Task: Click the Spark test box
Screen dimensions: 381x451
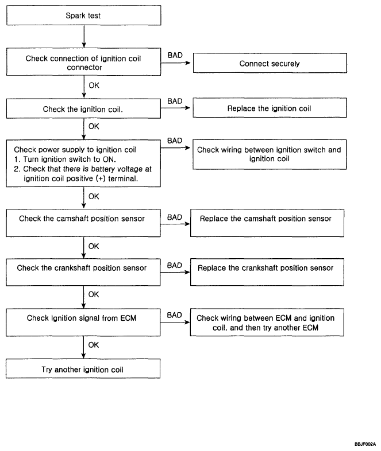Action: click(x=83, y=15)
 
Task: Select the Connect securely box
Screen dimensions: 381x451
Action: click(x=270, y=63)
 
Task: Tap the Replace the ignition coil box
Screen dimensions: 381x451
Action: click(x=270, y=108)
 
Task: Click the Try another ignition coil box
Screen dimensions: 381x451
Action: click(x=83, y=369)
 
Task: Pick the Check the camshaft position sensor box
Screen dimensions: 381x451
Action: click(x=83, y=223)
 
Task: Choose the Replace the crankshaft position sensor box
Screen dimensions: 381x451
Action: click(x=267, y=272)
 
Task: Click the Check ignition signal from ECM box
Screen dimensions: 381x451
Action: click(x=83, y=322)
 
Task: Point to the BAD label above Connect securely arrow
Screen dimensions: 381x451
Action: click(x=175, y=55)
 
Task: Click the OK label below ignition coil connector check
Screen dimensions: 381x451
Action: click(x=94, y=85)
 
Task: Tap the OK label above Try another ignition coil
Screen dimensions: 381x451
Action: click(x=94, y=345)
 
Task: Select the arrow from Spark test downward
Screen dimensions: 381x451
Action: click(x=84, y=37)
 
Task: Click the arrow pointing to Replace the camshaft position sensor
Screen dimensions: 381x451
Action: click(x=175, y=224)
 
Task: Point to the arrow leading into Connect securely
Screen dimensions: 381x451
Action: click(x=176, y=63)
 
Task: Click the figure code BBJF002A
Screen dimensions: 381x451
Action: click(x=365, y=444)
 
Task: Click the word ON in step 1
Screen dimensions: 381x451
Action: click(x=109, y=160)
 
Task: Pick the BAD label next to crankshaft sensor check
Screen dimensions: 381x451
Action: click(x=175, y=265)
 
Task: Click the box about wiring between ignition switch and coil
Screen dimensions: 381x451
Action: click(x=270, y=154)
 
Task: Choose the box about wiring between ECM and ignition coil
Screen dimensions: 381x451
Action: click(x=267, y=322)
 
